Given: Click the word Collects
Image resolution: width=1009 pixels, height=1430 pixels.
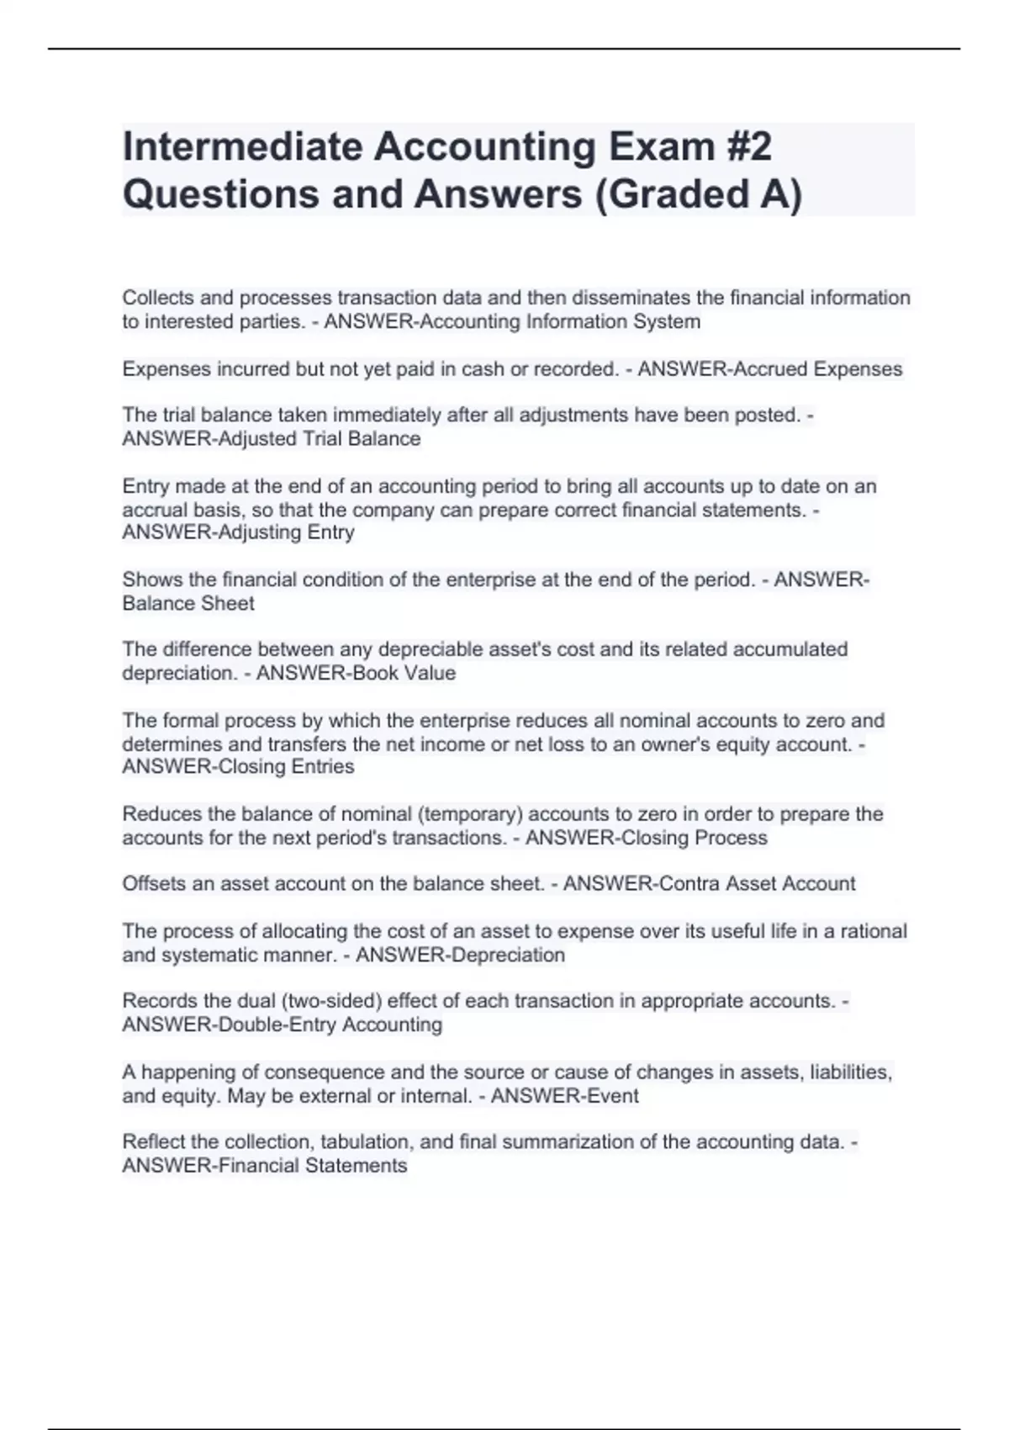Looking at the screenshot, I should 156,298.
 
